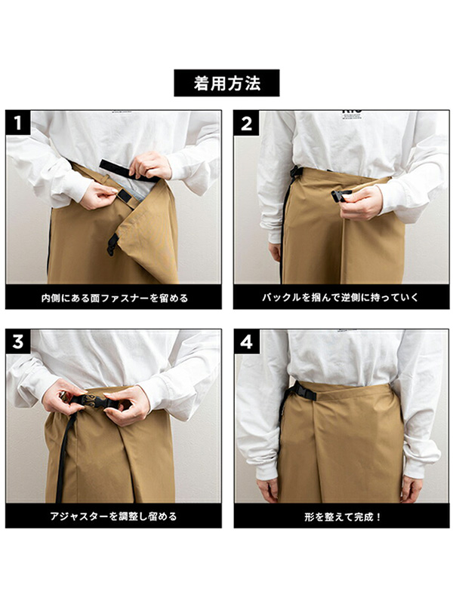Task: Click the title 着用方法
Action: (x=226, y=83)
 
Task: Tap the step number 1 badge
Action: (x=18, y=123)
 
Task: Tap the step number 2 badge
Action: (x=246, y=124)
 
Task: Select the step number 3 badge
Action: (x=18, y=341)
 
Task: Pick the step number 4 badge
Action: (x=246, y=341)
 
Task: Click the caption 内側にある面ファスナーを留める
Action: (x=115, y=298)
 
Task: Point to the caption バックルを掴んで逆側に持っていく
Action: (x=341, y=297)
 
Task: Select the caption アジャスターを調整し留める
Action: (x=113, y=516)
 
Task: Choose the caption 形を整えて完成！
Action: (x=343, y=516)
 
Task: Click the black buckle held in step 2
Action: (x=341, y=194)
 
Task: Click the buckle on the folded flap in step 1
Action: (x=112, y=244)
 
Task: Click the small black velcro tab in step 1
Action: (x=124, y=196)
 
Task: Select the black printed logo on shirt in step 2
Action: (x=352, y=112)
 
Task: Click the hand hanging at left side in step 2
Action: (x=275, y=252)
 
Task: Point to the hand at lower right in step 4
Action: (x=411, y=488)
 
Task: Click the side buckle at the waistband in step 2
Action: (x=294, y=173)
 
